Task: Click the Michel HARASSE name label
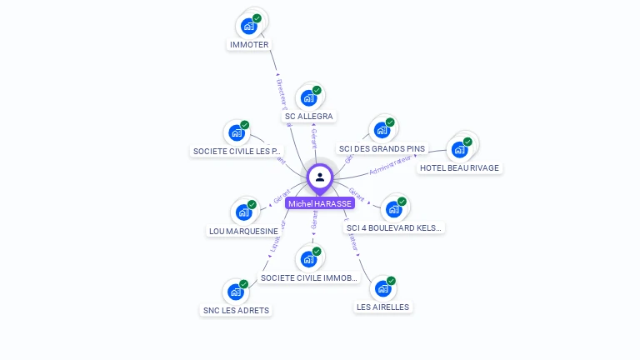(320, 203)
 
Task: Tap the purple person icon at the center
(320, 177)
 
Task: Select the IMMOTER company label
(248, 44)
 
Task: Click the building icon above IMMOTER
(248, 26)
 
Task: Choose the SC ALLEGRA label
(309, 117)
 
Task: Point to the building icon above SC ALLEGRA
(308, 97)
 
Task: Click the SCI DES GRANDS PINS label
(382, 149)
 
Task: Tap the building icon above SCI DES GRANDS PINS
(382, 130)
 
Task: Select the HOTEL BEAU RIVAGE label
(459, 168)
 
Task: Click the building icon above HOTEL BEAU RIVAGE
(458, 150)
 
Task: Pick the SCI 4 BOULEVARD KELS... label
(394, 227)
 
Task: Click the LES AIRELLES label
(383, 307)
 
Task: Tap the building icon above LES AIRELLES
(382, 288)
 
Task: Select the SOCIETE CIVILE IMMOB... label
(309, 277)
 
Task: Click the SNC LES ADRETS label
(237, 311)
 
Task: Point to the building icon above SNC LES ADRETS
(236, 292)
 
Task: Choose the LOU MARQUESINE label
(243, 231)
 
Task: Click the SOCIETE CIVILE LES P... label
(237, 152)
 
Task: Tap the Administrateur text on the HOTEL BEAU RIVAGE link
(391, 165)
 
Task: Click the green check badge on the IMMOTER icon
(257, 18)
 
